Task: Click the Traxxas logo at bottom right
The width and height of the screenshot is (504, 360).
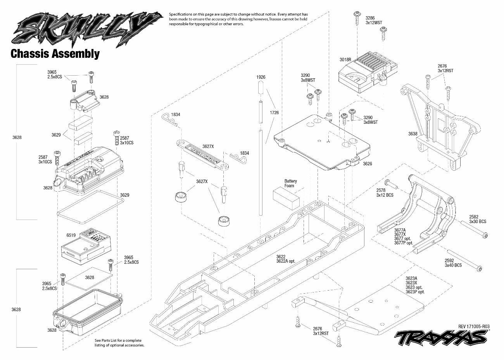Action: click(x=442, y=338)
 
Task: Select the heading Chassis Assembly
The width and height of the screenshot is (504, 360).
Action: click(x=55, y=53)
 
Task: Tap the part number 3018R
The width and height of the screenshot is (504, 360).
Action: click(x=345, y=60)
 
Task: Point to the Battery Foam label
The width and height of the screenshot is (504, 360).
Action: click(x=290, y=183)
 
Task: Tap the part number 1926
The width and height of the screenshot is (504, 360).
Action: click(x=261, y=77)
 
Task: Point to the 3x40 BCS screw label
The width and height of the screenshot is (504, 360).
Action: click(x=453, y=265)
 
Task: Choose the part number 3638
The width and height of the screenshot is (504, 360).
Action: click(x=413, y=134)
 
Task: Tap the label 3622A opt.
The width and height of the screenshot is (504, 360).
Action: click(x=286, y=261)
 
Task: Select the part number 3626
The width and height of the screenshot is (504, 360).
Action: click(x=368, y=164)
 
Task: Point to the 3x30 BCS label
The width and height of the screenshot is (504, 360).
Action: click(x=477, y=222)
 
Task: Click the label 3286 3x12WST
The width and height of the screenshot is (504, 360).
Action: click(x=373, y=20)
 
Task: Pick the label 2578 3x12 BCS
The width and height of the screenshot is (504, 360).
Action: click(x=385, y=192)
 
